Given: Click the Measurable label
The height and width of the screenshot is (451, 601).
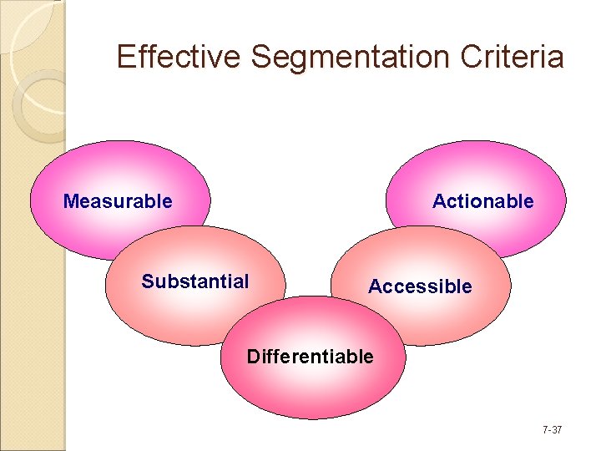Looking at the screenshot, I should pyautogui.click(x=118, y=201).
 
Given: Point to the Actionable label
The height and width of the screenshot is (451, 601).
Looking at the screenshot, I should pyautogui.click(x=482, y=201).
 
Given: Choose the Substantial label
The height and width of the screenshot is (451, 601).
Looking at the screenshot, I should pyautogui.click(x=195, y=281).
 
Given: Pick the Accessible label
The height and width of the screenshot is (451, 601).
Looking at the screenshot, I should pyautogui.click(x=420, y=286).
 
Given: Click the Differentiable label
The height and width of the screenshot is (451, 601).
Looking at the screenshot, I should pyautogui.click(x=311, y=357).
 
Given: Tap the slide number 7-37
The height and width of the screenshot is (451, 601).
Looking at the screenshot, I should pyautogui.click(x=552, y=430).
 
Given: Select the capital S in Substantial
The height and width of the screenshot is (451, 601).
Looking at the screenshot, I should pyautogui.click(x=147, y=281).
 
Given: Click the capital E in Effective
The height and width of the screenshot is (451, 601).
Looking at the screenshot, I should pyautogui.click(x=126, y=57).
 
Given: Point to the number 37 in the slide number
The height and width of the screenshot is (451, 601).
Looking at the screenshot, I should pyautogui.click(x=557, y=430).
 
